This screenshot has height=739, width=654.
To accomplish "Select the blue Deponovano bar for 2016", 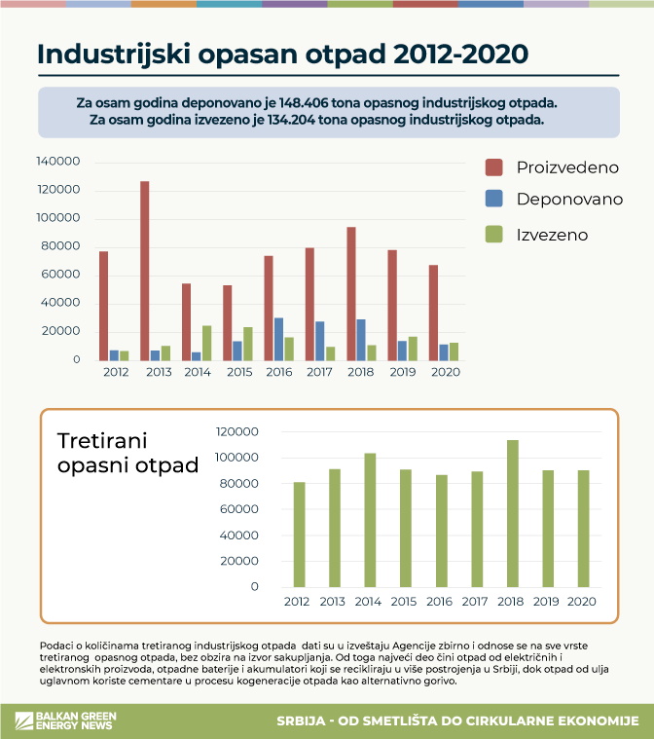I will pyautogui.click(x=278, y=339).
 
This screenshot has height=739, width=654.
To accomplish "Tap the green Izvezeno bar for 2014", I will pyautogui.click(x=207, y=343).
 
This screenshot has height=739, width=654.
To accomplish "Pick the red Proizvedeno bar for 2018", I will pyautogui.click(x=350, y=293).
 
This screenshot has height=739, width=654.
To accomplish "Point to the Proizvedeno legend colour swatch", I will pyautogui.click(x=493, y=166).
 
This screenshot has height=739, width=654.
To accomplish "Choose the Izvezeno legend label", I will pyautogui.click(x=552, y=235).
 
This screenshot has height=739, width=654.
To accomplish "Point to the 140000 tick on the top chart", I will pyautogui.click(x=57, y=162).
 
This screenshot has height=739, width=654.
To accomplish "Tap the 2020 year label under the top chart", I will pyautogui.click(x=444, y=372).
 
